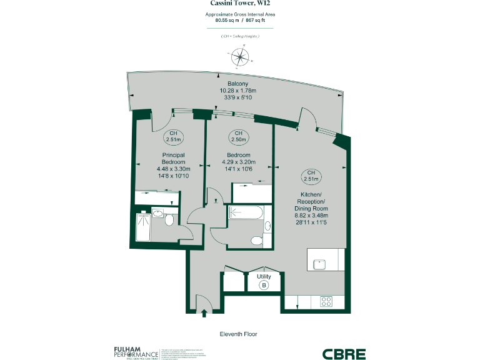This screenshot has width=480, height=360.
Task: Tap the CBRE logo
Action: [344, 354]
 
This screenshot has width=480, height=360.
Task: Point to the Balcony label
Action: [237, 84]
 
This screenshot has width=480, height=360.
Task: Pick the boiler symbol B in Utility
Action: [264, 285]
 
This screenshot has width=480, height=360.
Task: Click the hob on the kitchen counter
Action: [326, 301]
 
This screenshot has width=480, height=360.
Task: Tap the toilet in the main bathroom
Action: [256, 241]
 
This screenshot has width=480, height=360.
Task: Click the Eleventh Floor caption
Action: [238, 334]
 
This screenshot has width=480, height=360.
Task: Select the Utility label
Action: [264, 276]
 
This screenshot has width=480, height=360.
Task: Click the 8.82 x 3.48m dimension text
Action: [311, 215]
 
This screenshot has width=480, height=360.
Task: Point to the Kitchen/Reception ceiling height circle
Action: [310, 176]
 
